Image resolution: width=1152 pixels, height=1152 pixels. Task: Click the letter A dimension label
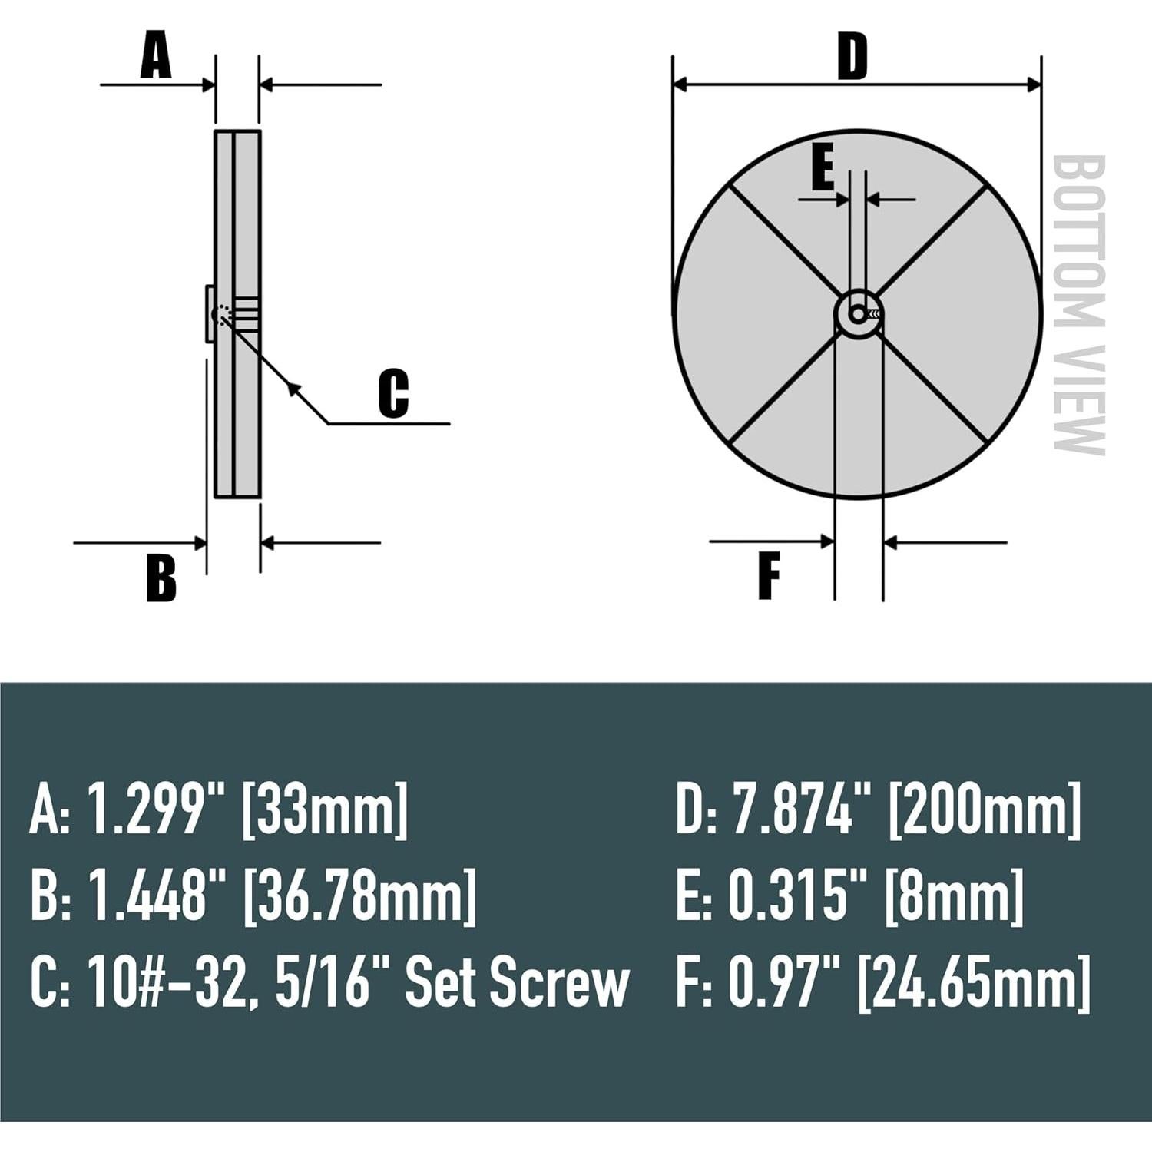pos(156,58)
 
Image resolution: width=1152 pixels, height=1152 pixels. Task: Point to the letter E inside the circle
pos(823,170)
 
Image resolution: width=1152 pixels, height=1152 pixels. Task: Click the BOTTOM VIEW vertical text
pos(1078,305)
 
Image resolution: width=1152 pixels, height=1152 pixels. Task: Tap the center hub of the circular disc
pos(859,313)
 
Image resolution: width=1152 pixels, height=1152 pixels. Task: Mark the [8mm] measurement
pos(954,895)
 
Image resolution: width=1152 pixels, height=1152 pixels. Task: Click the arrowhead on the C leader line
pos(293,387)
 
